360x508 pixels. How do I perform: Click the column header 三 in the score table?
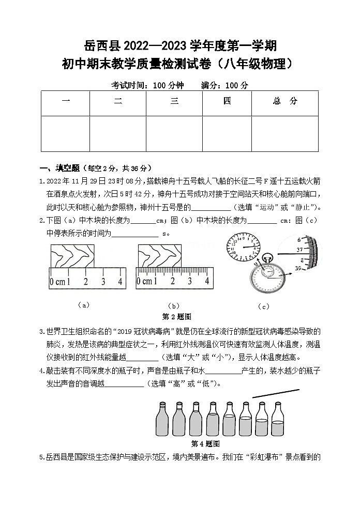pyautogui.click(x=174, y=102)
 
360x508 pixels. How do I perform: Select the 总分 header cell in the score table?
pyautogui.click(x=285, y=102)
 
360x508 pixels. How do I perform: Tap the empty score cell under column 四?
pyautogui.click(x=227, y=134)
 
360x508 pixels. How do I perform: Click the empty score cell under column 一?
pyautogui.click(x=66, y=134)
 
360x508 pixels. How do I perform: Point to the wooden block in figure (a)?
pyautogui.click(x=73, y=255)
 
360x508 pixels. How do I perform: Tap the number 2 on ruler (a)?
pyautogui.click(x=86, y=282)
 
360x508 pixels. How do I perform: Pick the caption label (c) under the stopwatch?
pyautogui.click(x=263, y=306)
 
